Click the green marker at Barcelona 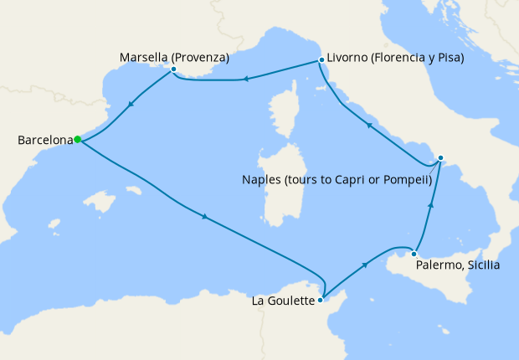(x=77, y=140)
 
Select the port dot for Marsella (x=172, y=69)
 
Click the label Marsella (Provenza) (x=174, y=57)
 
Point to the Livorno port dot (x=321, y=60)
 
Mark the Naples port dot (x=441, y=157)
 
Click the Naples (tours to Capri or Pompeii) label (x=336, y=179)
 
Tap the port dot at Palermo (x=414, y=254)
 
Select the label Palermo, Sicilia (x=457, y=266)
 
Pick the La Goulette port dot (x=322, y=295)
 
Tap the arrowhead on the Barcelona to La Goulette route (x=205, y=219)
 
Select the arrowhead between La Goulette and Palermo (x=366, y=264)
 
